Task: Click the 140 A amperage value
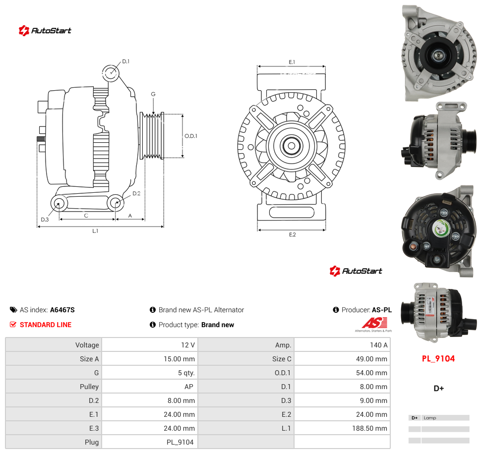(378, 345)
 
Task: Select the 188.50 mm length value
(369, 428)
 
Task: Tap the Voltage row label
(87, 345)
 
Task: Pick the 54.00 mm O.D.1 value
(371, 373)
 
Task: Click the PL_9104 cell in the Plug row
(180, 442)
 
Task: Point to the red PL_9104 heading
(438, 359)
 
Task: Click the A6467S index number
(62, 310)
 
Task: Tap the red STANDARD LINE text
(46, 325)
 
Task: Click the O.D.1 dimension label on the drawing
(191, 136)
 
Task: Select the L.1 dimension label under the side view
(95, 231)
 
